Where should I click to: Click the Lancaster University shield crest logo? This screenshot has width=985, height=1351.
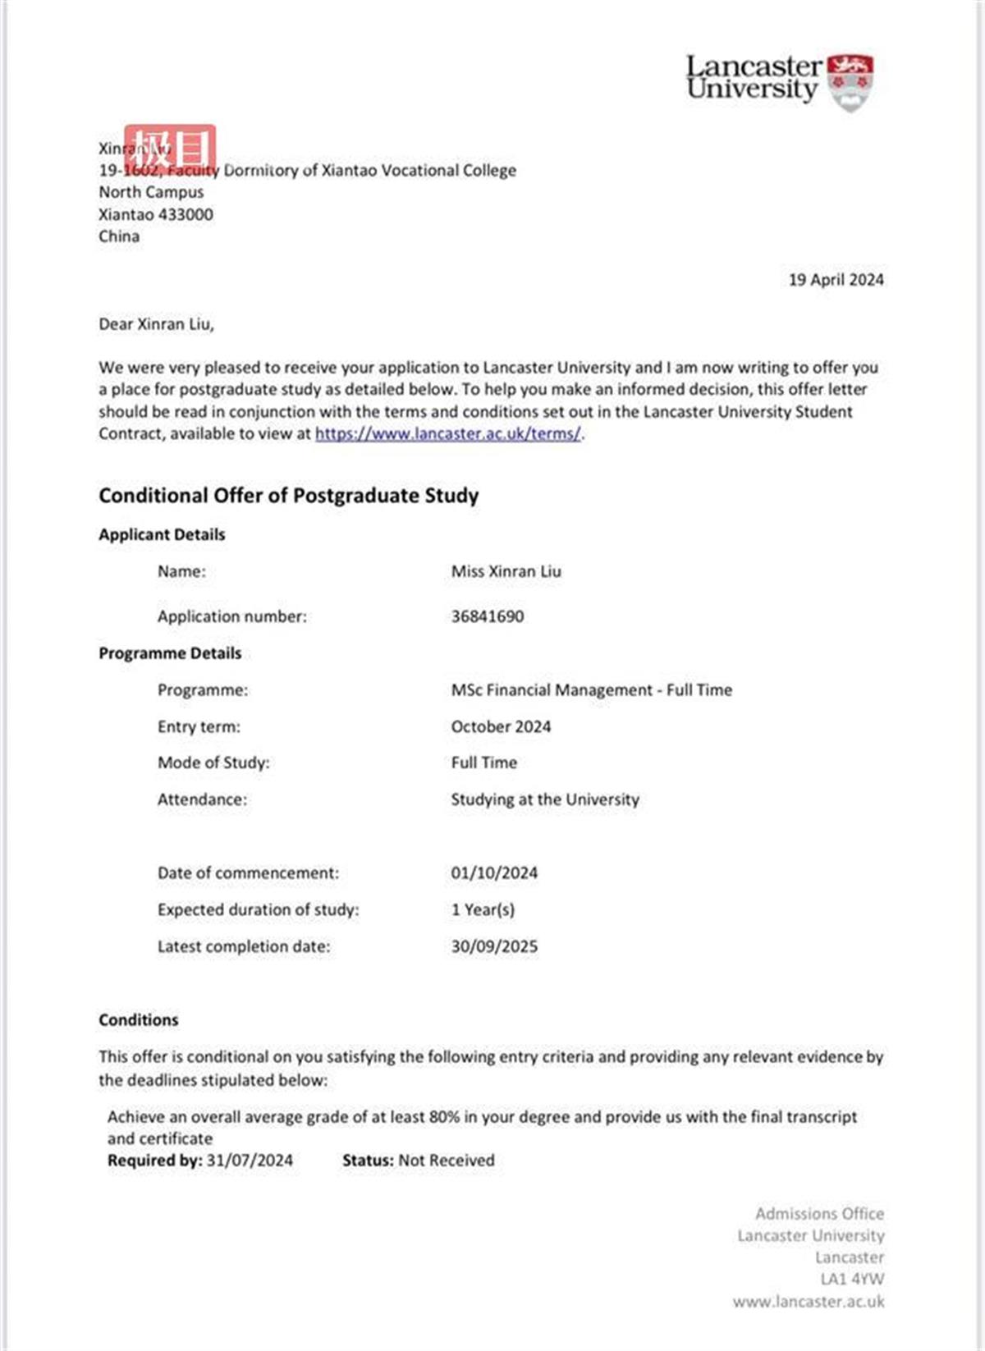850,81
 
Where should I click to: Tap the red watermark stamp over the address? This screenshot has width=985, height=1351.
170,149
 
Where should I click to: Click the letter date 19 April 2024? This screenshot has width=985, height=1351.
836,280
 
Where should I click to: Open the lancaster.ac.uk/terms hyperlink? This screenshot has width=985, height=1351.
448,434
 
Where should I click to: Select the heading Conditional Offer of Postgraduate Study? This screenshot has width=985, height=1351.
288,496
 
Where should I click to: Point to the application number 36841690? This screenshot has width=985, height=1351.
487,616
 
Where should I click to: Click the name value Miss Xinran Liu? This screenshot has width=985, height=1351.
506,571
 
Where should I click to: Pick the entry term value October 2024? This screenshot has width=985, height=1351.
501,726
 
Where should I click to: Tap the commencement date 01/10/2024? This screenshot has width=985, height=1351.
494,873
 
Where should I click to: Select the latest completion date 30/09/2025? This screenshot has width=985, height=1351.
494,946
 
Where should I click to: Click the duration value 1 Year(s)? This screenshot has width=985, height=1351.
483,909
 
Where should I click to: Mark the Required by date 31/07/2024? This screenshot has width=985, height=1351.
250,1161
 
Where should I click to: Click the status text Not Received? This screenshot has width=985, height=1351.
447,1161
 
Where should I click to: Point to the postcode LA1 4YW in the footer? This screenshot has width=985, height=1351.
852,1279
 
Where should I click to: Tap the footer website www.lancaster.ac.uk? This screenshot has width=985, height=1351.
809,1301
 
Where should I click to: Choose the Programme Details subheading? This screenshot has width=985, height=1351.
170,653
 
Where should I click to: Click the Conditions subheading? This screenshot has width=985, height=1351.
138,1020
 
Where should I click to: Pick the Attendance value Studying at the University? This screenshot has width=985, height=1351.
544,799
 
